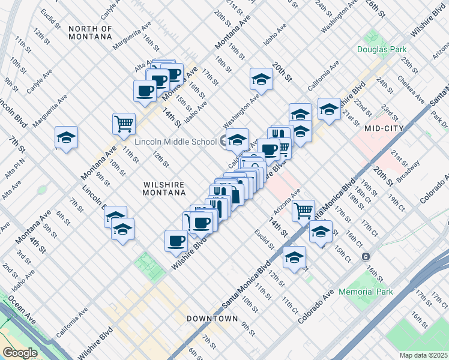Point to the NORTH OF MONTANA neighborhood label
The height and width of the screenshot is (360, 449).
[x=90, y=32]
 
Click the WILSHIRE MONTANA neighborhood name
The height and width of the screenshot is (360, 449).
[x=162, y=188]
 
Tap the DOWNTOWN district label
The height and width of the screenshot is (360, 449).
[x=212, y=318]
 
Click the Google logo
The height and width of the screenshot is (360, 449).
[x=20, y=352]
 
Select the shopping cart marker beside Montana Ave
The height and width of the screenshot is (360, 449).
[x=124, y=124]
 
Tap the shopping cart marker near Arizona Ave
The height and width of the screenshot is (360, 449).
[x=304, y=210]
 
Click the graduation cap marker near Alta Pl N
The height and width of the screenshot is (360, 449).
[x=66, y=137]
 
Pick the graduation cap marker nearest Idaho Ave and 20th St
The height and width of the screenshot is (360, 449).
[x=261, y=79]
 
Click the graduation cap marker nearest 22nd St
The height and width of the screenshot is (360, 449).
[x=329, y=109]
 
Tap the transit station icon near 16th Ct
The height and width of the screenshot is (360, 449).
[x=365, y=256]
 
